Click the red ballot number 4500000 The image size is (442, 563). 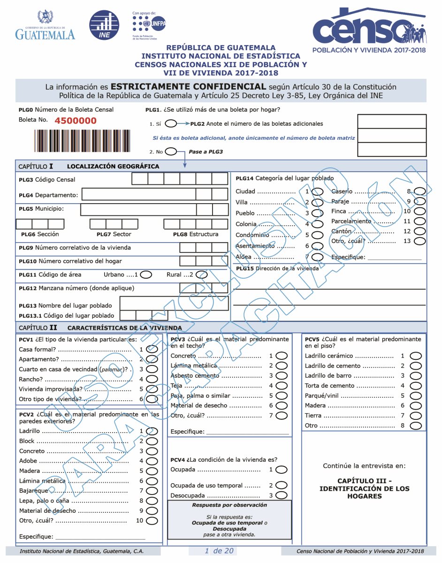pyautogui.click(x=76, y=121)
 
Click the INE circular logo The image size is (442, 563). pyautogui.click(x=104, y=25)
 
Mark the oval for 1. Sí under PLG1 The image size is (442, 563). pyautogui.click(x=171, y=124)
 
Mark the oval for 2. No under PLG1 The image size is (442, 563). pyautogui.click(x=171, y=152)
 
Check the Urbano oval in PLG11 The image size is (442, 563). pyautogui.click(x=146, y=275)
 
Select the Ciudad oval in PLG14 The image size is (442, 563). pyautogui.click(x=318, y=191)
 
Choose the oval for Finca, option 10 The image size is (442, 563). pyautogui.click(x=420, y=211)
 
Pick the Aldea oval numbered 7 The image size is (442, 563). pyautogui.click(x=318, y=257)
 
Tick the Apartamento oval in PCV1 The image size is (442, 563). pyautogui.click(x=152, y=359)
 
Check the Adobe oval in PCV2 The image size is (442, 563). pyautogui.click(x=152, y=461)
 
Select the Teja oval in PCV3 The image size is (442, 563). pyautogui.click(x=282, y=386)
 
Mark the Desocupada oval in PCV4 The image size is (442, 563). pyautogui.click(x=282, y=495)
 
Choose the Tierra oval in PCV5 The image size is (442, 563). pyautogui.click(x=416, y=416)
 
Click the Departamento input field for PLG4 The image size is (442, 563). pyautogui.click(x=138, y=195)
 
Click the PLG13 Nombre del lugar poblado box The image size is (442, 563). pyautogui.click(x=175, y=304)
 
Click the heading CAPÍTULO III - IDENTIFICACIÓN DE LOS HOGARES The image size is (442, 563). pyautogui.click(x=364, y=488)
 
